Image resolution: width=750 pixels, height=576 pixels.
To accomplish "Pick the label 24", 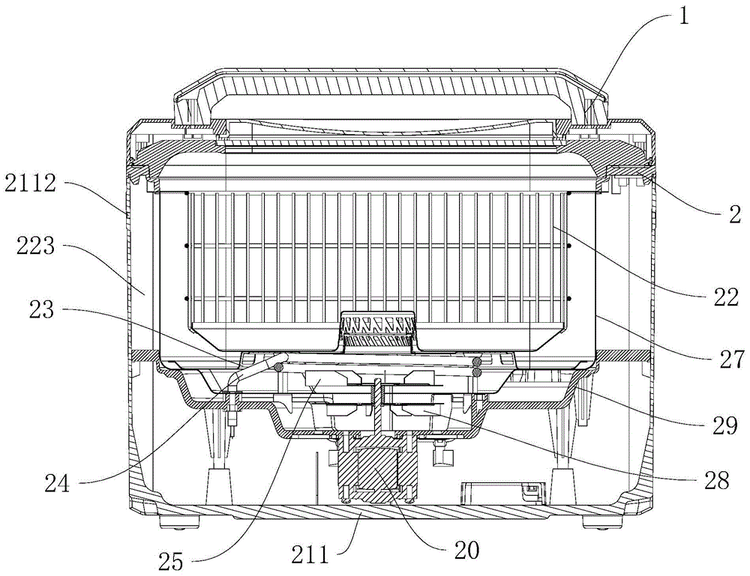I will (x=57, y=485).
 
